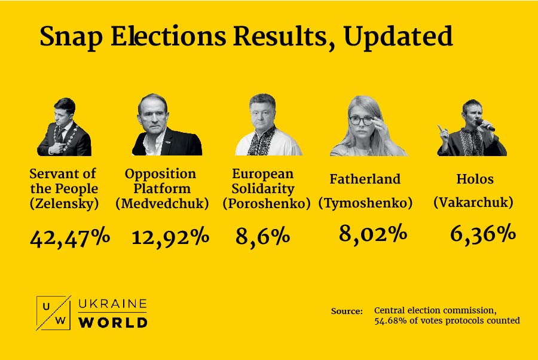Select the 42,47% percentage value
click(x=70, y=237)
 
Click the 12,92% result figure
click(x=170, y=237)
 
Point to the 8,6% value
click(x=262, y=237)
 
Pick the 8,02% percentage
click(x=373, y=233)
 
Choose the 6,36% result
click(x=482, y=233)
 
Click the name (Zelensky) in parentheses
click(x=63, y=203)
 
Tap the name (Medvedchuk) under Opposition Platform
click(x=162, y=203)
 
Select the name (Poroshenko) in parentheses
click(x=267, y=203)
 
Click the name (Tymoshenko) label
click(x=365, y=203)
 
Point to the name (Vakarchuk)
click(x=473, y=203)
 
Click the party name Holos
click(x=475, y=179)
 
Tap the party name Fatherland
click(x=365, y=179)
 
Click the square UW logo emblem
click(x=53, y=313)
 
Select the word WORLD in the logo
click(x=113, y=322)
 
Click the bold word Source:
click(x=347, y=312)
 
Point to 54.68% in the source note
click(x=390, y=321)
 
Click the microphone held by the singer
click(x=485, y=125)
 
